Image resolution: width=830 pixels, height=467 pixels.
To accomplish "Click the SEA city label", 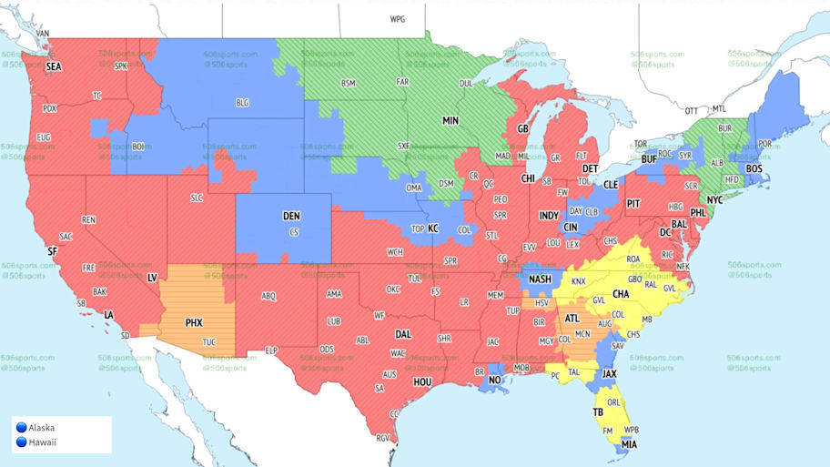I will tap(55, 66).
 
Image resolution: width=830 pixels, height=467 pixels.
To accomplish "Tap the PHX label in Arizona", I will tap(194, 322).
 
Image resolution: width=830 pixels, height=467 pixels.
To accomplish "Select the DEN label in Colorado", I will tap(291, 216).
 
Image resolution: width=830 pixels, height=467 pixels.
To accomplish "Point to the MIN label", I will tap(450, 120).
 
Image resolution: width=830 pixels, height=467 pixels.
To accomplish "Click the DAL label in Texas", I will tap(403, 334).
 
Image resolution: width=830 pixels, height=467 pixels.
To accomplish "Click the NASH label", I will tap(541, 279).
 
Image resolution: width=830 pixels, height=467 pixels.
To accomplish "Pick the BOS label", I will tap(754, 169).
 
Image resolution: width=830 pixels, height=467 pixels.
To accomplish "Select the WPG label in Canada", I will tap(398, 18).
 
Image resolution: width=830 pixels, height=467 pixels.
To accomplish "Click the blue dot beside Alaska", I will tap(20, 427).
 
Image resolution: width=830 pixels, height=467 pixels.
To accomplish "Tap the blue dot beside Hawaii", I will tap(20, 442).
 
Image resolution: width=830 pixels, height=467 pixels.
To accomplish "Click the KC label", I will tap(433, 228).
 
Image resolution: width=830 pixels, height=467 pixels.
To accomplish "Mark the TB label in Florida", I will tap(598, 411).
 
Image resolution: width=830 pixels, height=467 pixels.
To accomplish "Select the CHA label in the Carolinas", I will tap(622, 294).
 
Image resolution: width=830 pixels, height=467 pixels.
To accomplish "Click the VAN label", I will tap(42, 34).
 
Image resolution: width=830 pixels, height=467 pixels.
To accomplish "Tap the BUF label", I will tap(649, 159).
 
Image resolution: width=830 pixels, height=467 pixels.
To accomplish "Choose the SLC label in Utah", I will tap(197, 198).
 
